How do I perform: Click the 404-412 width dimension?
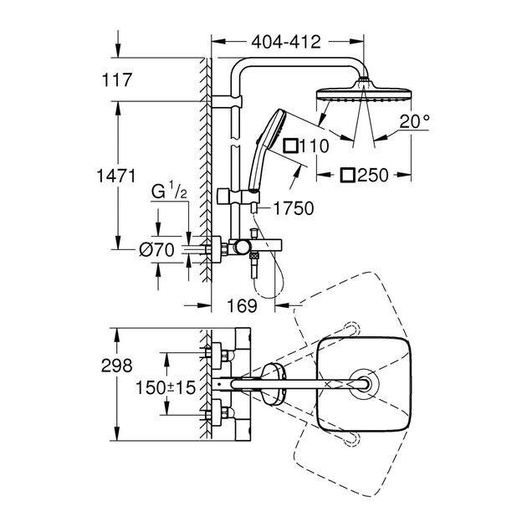click(287, 43)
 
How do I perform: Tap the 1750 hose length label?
click(293, 208)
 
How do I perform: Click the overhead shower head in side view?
click(363, 91)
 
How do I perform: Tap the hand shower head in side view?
click(270, 130)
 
